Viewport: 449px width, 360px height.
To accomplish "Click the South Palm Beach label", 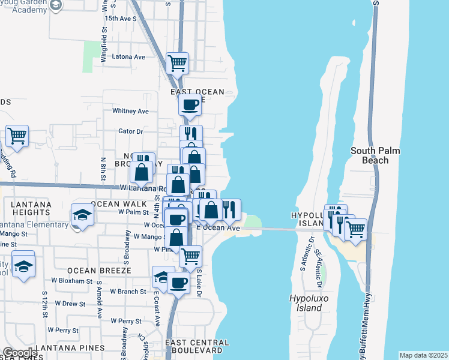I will (375, 155).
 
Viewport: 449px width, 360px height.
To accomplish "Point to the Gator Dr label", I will (131, 131).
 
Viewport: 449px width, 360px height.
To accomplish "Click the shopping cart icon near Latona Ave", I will (177, 62).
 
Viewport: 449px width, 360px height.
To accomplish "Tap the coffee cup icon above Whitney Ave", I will (190, 104).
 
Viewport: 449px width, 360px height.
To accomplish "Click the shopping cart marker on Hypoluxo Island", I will (355, 229).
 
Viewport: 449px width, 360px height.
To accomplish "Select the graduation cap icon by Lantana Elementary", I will (82, 215).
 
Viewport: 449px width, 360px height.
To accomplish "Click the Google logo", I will (19, 352).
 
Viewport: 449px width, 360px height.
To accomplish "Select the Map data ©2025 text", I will (423, 355).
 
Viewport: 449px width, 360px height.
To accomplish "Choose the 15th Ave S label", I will (121, 19).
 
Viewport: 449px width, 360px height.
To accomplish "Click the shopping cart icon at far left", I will (17, 136).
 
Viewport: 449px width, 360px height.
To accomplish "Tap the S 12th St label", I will (44, 302).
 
